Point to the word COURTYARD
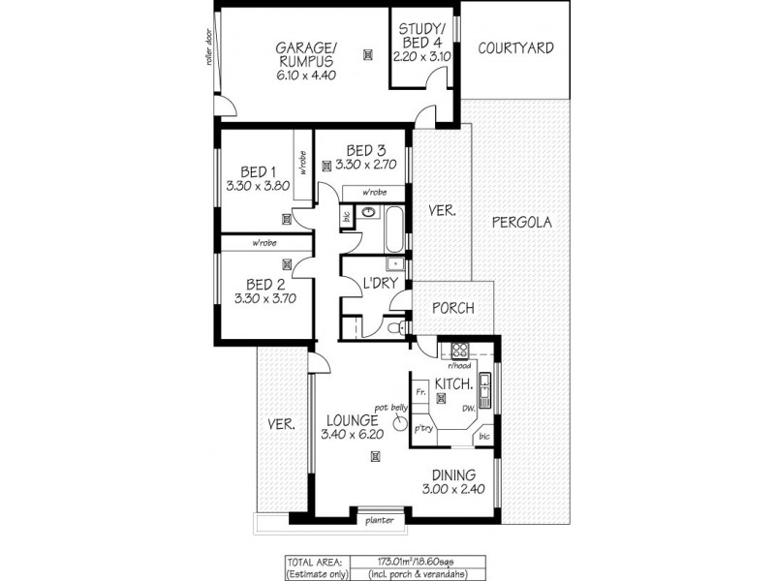515,46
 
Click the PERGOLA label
521,222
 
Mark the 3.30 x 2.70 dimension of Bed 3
359,166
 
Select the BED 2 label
264,285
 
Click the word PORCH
453,309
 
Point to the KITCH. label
452,384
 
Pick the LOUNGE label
350,420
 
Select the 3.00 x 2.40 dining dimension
452,490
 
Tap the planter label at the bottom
378,520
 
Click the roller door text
208,46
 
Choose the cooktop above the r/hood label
458,351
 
